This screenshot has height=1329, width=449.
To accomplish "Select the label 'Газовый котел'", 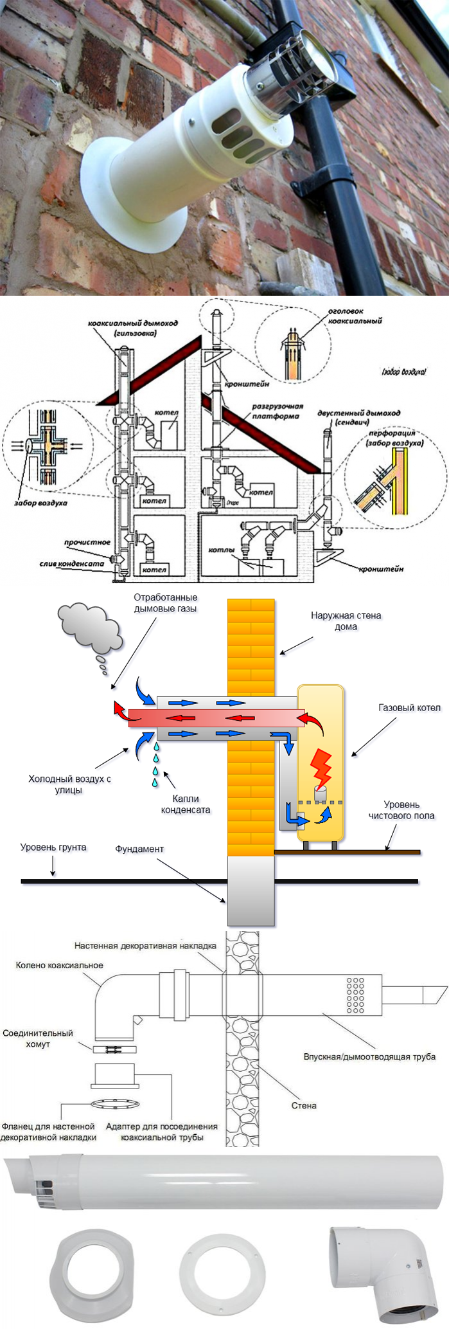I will pyautogui.click(x=409, y=708).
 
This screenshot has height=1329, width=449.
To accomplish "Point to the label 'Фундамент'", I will pyautogui.click(x=139, y=849).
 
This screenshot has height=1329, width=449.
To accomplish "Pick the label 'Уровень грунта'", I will pyautogui.click(x=53, y=847).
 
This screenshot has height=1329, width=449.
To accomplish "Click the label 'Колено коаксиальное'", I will pyautogui.click(x=59, y=965).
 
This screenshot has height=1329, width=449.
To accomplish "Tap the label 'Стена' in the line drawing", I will pyautogui.click(x=304, y=1105).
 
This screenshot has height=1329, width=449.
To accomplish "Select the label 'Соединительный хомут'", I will pyautogui.click(x=38, y=1038).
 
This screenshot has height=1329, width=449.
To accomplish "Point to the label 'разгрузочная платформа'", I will pyautogui.click(x=277, y=411).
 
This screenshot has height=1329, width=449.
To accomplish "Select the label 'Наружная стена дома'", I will pyautogui.click(x=346, y=620).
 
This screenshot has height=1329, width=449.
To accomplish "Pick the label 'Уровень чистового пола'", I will pyautogui.click(x=401, y=809).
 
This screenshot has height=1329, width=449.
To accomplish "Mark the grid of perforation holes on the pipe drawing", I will pyautogui.click(x=355, y=995).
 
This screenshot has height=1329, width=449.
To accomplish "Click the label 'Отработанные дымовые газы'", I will pyautogui.click(x=165, y=603).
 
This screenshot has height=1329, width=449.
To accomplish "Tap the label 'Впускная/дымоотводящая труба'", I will pyautogui.click(x=369, y=1056).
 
